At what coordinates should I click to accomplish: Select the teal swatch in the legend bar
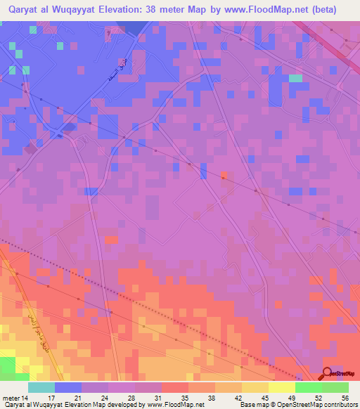click(41, 387)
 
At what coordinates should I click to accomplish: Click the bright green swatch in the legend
click(308, 387)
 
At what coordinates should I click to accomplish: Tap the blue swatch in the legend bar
click(68, 387)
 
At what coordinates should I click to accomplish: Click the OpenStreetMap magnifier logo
click(327, 374)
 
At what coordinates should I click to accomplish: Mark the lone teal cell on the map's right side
click(295, 78)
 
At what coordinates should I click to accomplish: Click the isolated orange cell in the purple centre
click(224, 174)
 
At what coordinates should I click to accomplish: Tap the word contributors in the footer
click(339, 405)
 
